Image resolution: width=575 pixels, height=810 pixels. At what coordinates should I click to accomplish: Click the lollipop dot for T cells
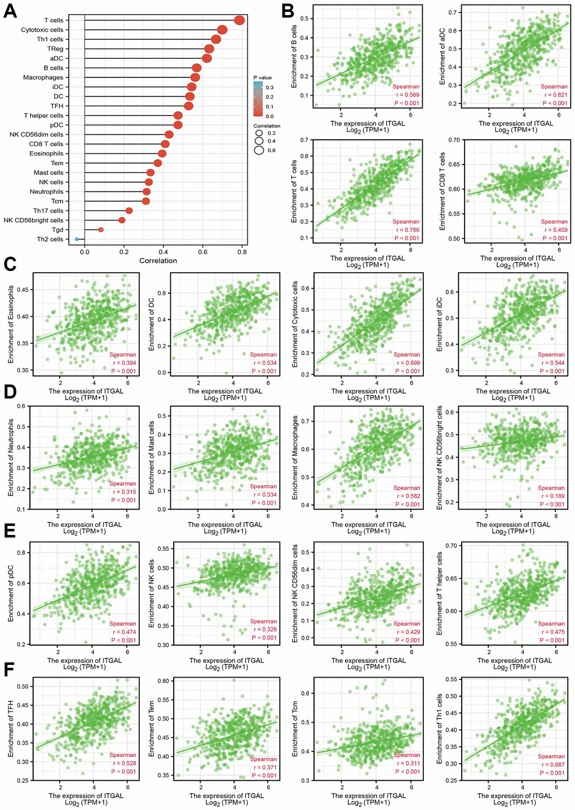pos(239,20)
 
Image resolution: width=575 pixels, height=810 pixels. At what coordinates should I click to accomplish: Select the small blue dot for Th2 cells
pos(77,239)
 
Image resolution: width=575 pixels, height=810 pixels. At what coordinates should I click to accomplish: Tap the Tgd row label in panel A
pos(57,229)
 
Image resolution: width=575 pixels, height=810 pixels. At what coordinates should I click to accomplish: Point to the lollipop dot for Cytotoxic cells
pos(222,30)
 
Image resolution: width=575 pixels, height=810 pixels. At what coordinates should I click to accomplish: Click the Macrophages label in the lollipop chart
pos(43,77)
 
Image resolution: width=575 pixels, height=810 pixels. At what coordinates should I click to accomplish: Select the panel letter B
pos(287,10)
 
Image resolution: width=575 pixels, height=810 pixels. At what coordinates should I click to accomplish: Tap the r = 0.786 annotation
pos(406,230)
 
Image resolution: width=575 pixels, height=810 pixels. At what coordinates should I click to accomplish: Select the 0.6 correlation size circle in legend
pos(259,150)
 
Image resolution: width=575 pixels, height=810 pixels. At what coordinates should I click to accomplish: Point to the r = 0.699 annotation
pos(406,363)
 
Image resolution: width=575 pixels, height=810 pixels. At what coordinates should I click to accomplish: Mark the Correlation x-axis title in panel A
pos(158,260)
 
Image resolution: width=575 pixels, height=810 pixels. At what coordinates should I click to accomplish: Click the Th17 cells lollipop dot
pos(129,211)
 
